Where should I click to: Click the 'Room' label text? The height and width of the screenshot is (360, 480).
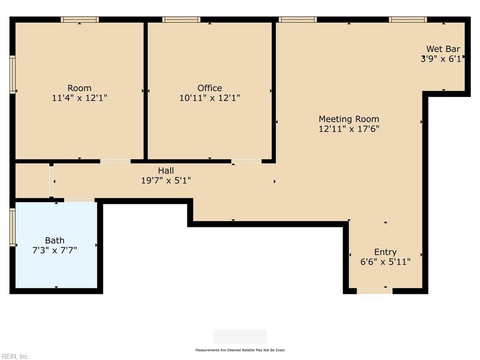point(79,88)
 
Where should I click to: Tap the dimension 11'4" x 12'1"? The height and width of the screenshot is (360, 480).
point(79,98)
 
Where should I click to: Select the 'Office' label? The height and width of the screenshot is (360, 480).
point(210,88)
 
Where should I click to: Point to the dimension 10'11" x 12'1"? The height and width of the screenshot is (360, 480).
point(210,98)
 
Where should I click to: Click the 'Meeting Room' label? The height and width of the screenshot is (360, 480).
point(349,119)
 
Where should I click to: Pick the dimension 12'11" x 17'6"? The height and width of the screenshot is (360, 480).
point(349,129)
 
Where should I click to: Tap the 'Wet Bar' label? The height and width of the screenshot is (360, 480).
point(442,49)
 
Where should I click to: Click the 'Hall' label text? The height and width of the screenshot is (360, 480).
point(166,171)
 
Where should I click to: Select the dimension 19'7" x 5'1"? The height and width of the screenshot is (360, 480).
point(166,180)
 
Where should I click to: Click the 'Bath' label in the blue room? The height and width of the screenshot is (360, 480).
point(54,241)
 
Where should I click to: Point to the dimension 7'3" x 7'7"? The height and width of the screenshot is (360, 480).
point(54,251)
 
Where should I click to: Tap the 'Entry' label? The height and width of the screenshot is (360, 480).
point(385,252)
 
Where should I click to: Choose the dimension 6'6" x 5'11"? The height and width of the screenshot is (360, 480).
point(385,262)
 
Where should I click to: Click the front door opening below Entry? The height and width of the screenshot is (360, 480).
point(375,291)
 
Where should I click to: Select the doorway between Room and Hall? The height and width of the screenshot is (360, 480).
point(115,161)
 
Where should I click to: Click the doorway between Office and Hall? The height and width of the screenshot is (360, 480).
point(246,161)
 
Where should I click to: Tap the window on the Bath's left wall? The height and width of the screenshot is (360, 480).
point(13,227)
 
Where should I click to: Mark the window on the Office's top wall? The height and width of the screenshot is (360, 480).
point(181,20)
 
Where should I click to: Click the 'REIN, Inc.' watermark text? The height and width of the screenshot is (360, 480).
point(15,356)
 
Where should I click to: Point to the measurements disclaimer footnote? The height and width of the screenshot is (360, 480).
point(240,350)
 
